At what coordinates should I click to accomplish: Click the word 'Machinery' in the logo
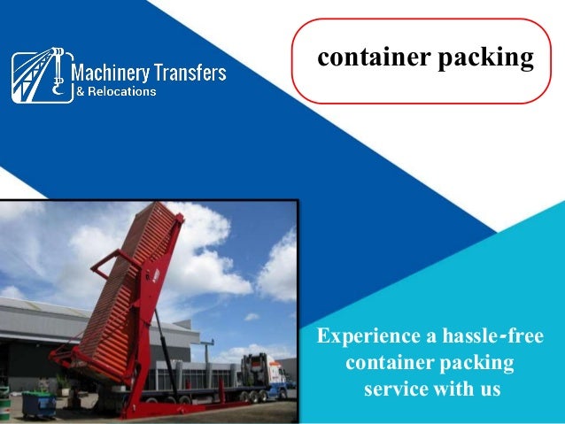[x=107, y=73]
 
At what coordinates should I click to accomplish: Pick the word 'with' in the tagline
[x=451, y=389]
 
